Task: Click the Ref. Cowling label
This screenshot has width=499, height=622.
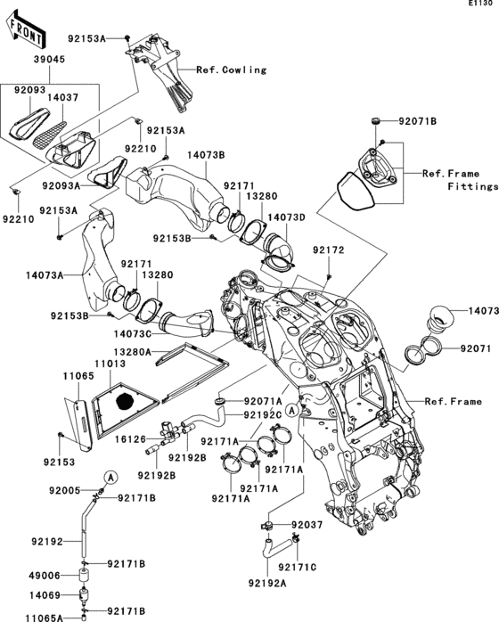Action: point(232,69)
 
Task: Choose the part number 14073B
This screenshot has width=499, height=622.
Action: point(205,155)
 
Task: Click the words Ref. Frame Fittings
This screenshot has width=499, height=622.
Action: point(460,180)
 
